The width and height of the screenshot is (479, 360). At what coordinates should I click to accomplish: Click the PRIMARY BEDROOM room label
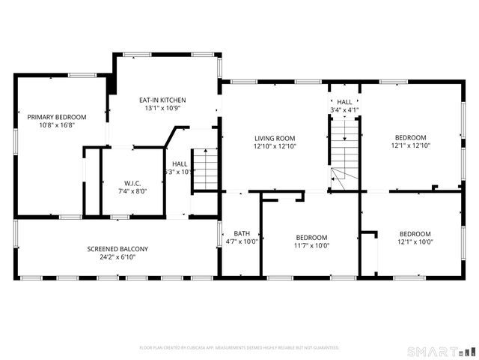click(57, 117)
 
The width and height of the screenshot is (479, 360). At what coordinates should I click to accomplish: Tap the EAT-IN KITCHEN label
click(162, 100)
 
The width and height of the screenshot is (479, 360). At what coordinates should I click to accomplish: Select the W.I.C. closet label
click(132, 183)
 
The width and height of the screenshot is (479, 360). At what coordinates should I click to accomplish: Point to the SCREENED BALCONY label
click(118, 249)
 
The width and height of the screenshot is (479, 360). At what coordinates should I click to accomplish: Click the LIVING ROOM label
click(275, 138)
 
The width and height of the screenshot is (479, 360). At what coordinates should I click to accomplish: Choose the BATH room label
click(242, 233)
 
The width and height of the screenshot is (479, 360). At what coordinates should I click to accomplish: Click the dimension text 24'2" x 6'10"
click(118, 257)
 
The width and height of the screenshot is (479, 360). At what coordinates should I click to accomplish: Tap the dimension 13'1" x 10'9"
click(162, 108)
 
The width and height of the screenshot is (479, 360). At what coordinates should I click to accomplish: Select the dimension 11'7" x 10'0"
click(311, 245)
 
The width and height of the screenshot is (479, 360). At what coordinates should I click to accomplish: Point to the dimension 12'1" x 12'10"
click(411, 146)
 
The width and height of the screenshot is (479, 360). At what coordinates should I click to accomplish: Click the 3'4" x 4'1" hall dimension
click(344, 110)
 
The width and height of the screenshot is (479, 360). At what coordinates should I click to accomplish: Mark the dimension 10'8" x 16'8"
click(57, 125)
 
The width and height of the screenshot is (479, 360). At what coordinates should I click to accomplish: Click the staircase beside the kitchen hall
click(204, 169)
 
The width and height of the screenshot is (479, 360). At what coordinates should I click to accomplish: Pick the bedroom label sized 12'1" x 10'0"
click(415, 233)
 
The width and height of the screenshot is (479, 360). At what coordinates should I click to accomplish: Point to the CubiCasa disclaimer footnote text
click(239, 348)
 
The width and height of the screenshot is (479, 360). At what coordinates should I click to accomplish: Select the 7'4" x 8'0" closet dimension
click(132, 191)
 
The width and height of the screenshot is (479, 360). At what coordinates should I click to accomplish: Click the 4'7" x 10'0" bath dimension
click(242, 241)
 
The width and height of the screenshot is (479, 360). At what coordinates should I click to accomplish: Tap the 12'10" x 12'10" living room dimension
click(275, 146)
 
